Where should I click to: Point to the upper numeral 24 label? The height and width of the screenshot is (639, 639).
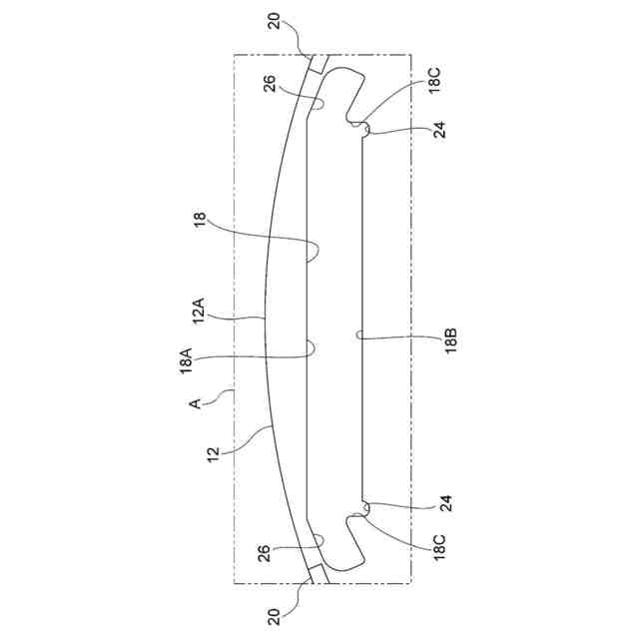(x=440, y=129)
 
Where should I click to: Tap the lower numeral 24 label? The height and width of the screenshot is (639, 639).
(x=440, y=505)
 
